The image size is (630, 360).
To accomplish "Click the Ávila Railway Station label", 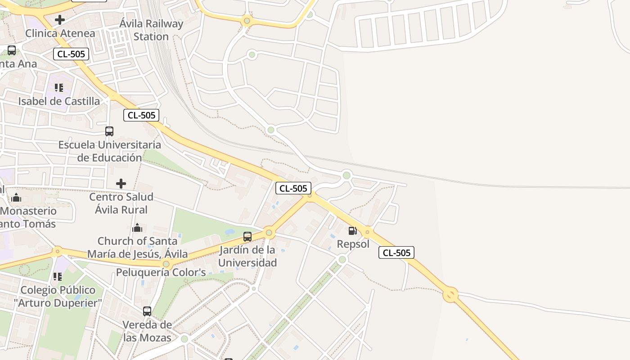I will pos(151,30).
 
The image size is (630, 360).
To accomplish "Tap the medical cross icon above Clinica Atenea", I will pos(60,20).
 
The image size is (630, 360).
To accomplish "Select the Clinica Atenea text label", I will pos(60,33).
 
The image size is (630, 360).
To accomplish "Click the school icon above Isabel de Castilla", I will pos(59,87).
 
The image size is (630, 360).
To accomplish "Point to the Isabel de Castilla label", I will pos(59,101).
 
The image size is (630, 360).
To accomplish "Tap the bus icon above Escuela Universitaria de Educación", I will pos(109,131).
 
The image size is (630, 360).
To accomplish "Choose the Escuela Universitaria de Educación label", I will pos(109,151).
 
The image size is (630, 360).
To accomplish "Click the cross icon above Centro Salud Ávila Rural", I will pos(121,184).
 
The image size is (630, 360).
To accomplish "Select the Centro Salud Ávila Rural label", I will pos(121,203).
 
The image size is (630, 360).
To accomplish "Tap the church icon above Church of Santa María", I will pos(137,228).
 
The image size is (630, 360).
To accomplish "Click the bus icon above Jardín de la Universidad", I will pos(247,237).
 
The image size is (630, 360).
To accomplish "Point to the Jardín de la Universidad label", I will pos(247,256).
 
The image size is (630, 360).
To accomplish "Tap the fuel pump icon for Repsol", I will pos(353,231).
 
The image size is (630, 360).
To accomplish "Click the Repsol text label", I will pos(353,244).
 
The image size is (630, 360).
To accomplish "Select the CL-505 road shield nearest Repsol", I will pos(396,253).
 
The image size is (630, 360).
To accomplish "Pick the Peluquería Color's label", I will pos(161,273).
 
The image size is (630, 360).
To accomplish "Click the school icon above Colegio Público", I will pos(58,277).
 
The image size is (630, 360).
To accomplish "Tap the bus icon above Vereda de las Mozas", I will pos(147,311).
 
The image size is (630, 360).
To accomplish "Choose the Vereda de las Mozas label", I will pos(147,331).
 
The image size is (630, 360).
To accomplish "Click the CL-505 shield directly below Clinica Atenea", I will pos(71,54).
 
